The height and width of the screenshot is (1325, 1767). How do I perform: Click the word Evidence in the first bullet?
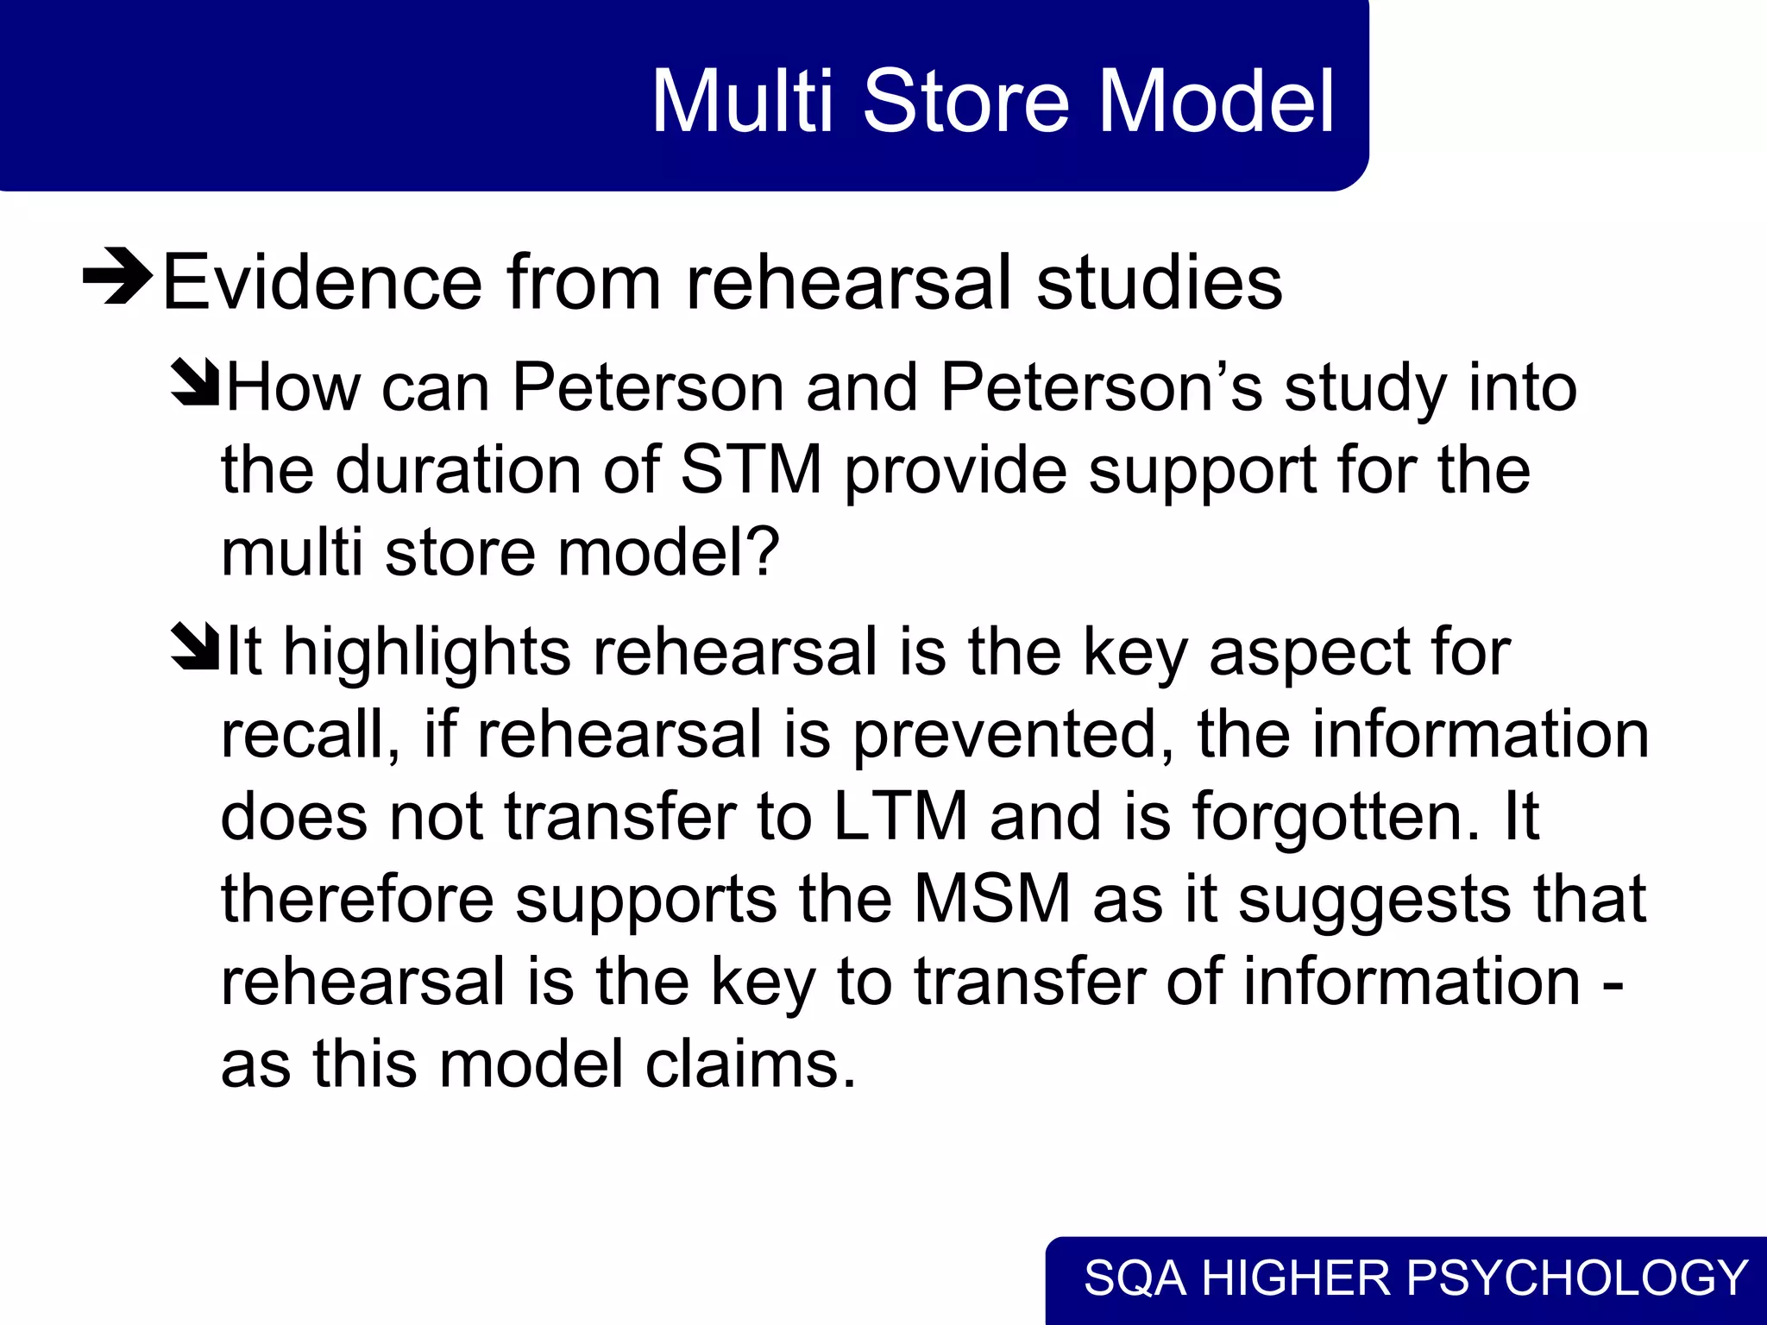tap(322, 282)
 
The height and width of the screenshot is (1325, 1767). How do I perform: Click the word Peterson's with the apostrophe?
tap(1101, 387)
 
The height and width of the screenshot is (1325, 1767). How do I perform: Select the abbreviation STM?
tap(751, 470)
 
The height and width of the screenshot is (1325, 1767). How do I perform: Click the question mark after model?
tap(764, 552)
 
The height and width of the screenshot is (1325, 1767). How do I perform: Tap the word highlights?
tap(427, 651)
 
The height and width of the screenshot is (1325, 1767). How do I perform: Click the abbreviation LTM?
tap(899, 816)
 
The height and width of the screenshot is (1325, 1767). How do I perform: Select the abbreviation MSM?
tap(992, 899)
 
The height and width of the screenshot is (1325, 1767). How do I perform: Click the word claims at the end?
tap(751, 1064)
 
